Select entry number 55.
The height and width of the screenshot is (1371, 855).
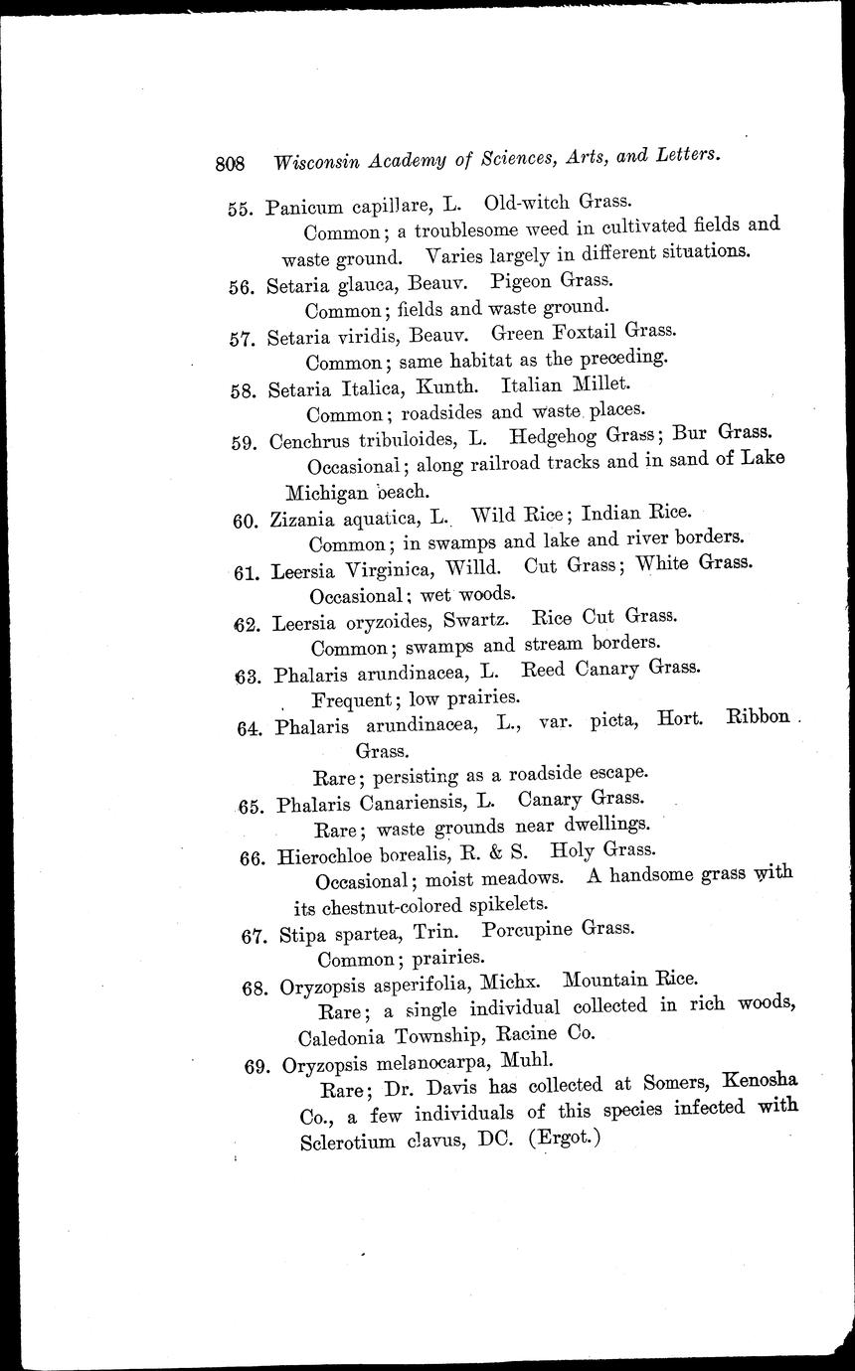click(242, 209)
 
